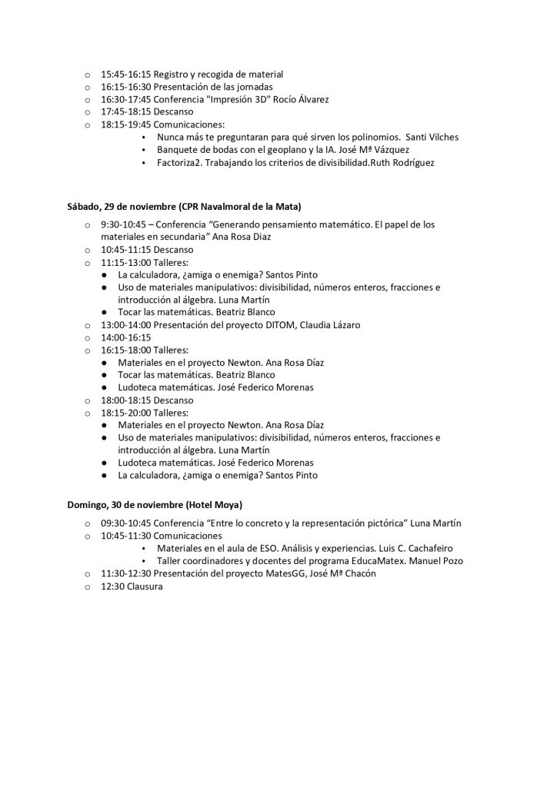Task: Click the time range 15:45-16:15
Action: [126, 75]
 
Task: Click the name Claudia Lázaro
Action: [333, 325]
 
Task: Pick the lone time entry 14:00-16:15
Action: [126, 337]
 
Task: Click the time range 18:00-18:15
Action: [126, 400]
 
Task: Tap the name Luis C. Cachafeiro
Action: [424, 549]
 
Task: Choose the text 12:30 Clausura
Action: [132, 586]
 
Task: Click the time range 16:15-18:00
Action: [126, 350]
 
